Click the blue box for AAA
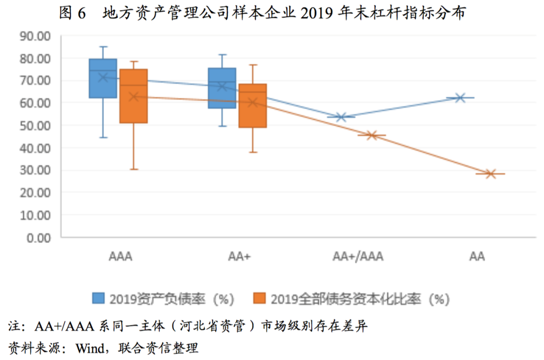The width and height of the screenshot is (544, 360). click(103, 78)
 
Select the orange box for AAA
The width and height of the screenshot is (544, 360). click(133, 96)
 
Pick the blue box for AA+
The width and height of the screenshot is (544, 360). click(222, 88)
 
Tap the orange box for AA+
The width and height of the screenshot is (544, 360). click(252, 105)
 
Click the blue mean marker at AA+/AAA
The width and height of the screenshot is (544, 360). click(341, 117)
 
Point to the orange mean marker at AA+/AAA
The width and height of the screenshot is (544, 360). click(372, 135)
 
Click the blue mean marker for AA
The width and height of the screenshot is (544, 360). click(460, 98)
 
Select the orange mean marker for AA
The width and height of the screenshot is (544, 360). click(491, 174)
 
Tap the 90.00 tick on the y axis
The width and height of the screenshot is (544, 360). click(35, 36)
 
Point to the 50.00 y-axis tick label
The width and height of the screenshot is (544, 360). click(35, 125)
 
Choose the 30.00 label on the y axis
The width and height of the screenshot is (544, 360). click(35, 170)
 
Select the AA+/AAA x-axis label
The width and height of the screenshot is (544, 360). click(358, 257)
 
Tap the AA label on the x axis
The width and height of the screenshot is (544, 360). click(477, 257)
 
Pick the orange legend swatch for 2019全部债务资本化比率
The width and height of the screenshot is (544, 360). click(260, 298)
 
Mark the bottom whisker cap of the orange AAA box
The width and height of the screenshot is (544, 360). click(133, 169)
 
